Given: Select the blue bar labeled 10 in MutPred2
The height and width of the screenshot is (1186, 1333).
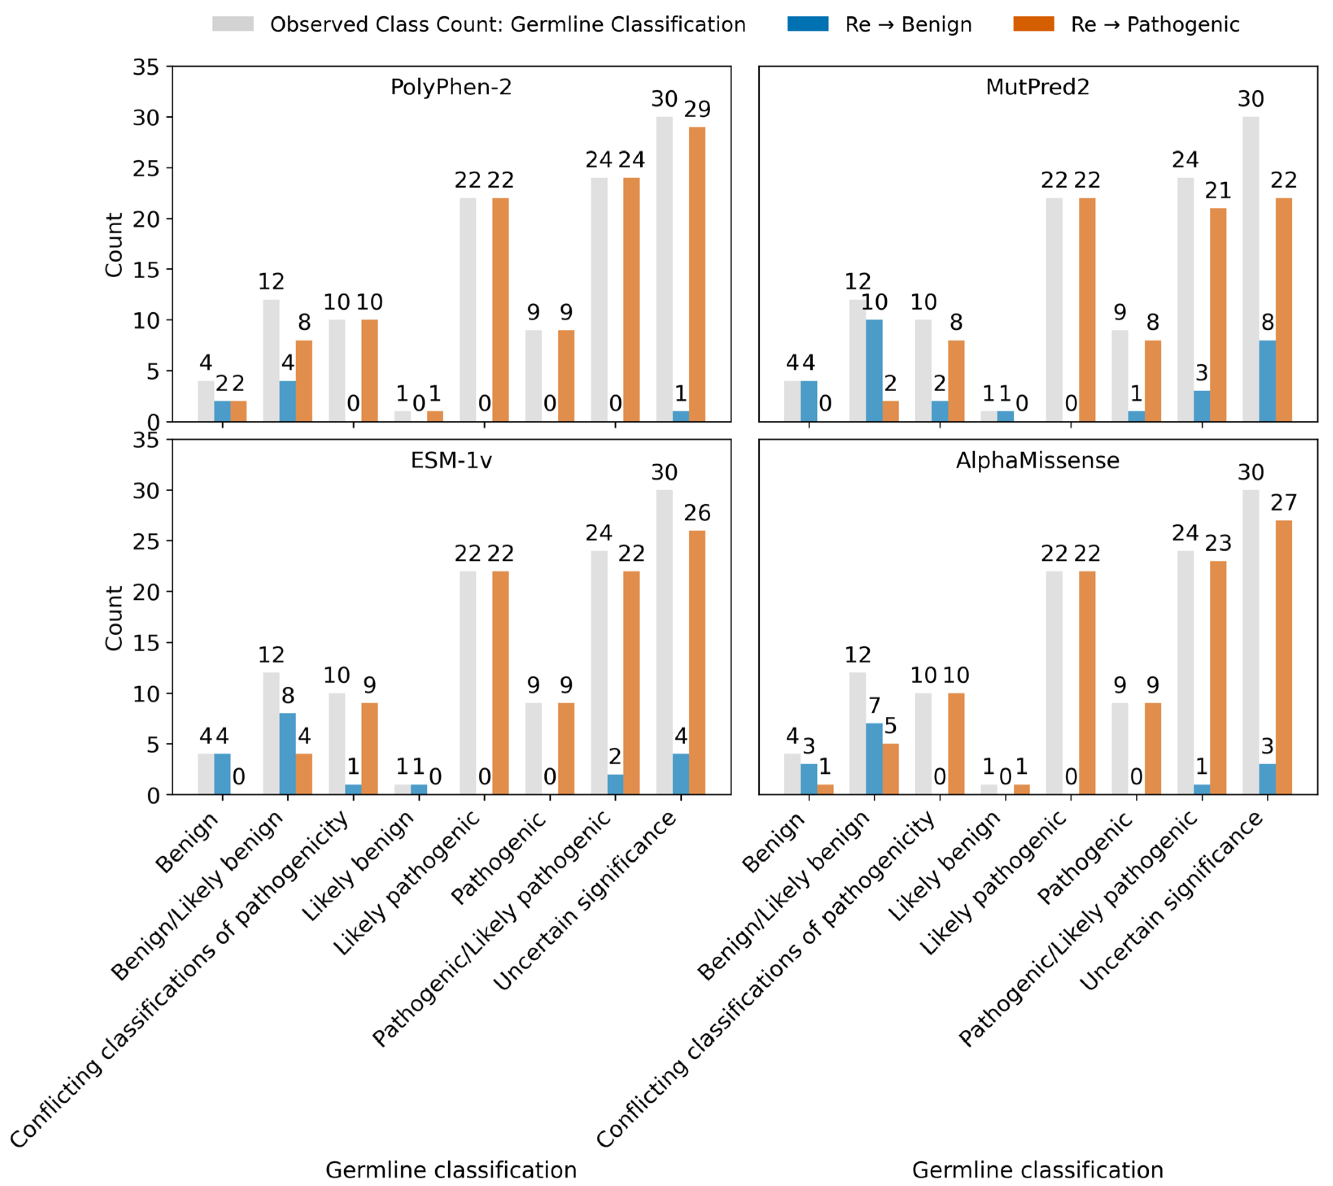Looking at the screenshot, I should pyautogui.click(x=874, y=370).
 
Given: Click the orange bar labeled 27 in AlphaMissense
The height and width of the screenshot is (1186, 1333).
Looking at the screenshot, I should pyautogui.click(x=1283, y=657).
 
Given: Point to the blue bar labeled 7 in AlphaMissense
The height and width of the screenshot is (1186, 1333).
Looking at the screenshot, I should pyautogui.click(x=874, y=758).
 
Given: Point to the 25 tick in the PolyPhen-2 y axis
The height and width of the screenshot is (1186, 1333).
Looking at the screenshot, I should pyautogui.click(x=146, y=168).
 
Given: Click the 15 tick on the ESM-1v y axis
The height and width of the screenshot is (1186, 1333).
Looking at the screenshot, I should pyautogui.click(x=146, y=643).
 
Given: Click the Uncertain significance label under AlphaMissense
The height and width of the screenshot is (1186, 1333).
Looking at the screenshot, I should pyautogui.click(x=1172, y=901).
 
